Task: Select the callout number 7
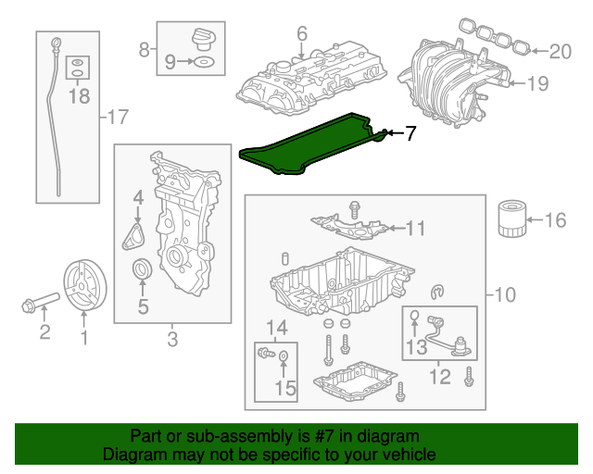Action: point(410,134)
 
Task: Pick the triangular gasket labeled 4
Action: point(135,232)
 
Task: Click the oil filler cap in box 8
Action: point(203,39)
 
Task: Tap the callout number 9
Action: point(169,62)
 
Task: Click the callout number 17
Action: point(118,118)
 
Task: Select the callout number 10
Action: point(504,296)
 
